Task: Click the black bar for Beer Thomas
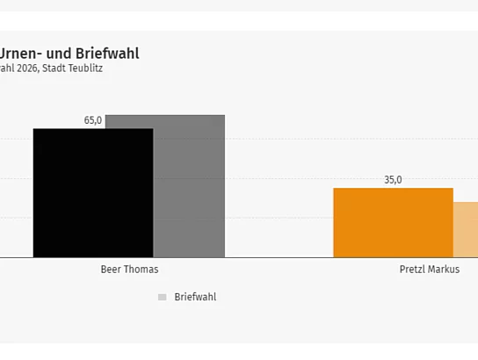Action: click(92, 193)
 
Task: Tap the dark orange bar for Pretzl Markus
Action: click(393, 223)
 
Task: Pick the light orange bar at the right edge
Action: click(466, 230)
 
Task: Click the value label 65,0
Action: click(93, 120)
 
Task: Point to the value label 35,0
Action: click(393, 180)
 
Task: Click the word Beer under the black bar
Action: click(112, 270)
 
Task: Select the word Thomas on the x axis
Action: click(141, 270)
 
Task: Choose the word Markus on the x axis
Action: click(445, 270)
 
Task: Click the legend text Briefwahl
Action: click(195, 297)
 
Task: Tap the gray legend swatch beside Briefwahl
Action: click(162, 297)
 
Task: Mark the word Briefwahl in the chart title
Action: click(108, 54)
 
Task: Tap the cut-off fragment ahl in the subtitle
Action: click(7, 68)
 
